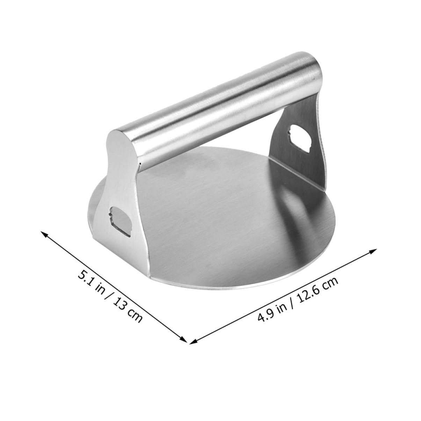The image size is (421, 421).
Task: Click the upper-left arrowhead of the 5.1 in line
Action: pos(44,233)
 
